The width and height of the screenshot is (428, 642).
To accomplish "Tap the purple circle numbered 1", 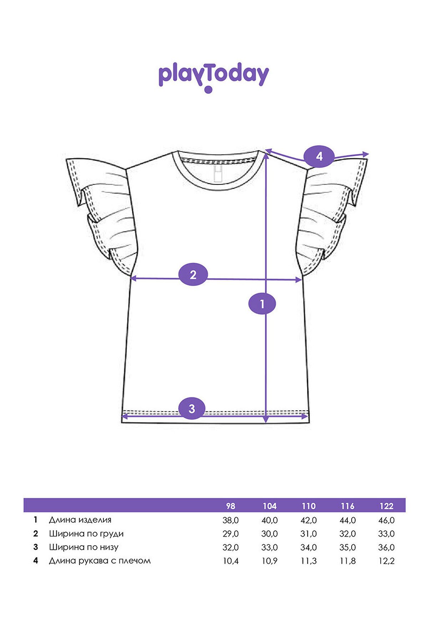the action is [262, 304].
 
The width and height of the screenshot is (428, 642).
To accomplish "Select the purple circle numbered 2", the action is [193, 275].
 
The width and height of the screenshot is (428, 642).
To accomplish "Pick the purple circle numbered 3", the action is [192, 408].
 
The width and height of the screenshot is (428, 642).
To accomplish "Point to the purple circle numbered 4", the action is [319, 156].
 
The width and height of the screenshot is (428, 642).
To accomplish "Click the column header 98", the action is [230, 506].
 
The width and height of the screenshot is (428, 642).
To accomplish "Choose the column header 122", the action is [386, 506].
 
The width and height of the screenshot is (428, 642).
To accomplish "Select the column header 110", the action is [309, 506].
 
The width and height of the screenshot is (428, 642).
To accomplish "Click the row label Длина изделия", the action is [80, 520].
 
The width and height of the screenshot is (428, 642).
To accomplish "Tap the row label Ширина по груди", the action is [86, 534].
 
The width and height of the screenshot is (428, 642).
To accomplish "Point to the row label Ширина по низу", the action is [83, 547].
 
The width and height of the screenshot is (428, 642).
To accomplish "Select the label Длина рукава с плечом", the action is [100, 561].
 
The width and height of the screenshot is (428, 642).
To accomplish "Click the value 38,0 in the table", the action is [230, 520].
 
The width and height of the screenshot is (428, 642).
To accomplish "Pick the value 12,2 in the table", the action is [386, 561].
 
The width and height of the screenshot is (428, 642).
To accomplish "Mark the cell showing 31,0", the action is [309, 534].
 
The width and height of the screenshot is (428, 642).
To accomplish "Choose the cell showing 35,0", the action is [347, 547].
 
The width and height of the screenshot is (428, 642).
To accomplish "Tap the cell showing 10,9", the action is [269, 561].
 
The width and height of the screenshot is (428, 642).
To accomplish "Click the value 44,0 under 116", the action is [347, 520].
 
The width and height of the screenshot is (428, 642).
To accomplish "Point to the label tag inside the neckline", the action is [217, 173].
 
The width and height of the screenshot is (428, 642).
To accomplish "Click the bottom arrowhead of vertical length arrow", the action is [266, 420].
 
